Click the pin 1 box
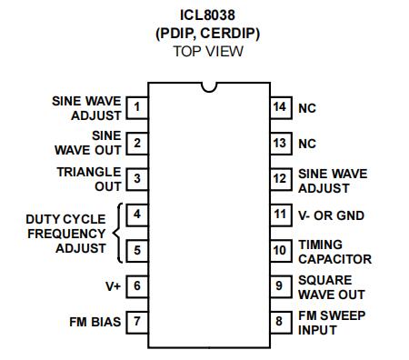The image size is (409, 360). pos(137,107)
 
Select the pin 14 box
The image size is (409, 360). pos(281,107)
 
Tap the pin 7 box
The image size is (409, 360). pos(137,323)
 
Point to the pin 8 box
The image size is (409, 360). pos(281,323)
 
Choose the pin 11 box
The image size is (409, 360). pos(281,215)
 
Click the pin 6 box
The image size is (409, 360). pos(137,286)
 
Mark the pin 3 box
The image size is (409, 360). pos(137,179)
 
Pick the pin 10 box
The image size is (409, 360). pos(281,251)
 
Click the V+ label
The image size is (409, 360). pos(113,286)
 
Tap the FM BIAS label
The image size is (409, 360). pos(95,322)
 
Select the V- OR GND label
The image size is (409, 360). pos(331,215)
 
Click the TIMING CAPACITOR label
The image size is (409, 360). pos(334,252)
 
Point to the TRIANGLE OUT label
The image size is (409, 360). pos(89,179)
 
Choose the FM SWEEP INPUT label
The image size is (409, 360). pos(332,323)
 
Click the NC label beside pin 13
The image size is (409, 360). pos(307,144)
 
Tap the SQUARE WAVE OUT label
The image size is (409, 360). pos(332,287)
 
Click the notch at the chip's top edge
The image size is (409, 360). pos(209,90)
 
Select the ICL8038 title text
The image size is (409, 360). pos(207,15)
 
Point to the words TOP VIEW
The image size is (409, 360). pos(208,51)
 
